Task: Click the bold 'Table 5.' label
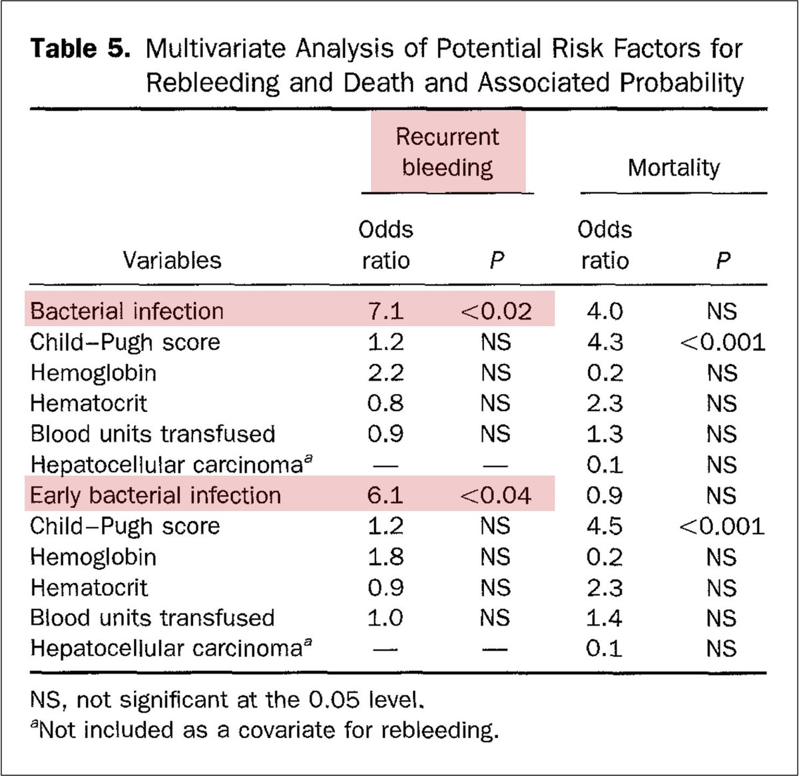tap(80, 49)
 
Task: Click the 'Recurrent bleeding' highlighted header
tap(447, 152)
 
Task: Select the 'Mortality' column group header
tap(673, 168)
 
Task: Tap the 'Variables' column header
tap(172, 260)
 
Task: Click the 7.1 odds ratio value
tap(386, 311)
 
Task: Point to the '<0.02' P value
tap(496, 311)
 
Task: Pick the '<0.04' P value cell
tap(496, 495)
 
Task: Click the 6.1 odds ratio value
tap(386, 495)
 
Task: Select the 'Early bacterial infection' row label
tap(155, 495)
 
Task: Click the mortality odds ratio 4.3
tap(605, 342)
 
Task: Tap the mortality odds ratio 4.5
tap(605, 526)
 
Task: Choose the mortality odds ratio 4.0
tap(605, 311)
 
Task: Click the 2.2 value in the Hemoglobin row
tap(386, 373)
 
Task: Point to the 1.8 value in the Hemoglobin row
tap(386, 556)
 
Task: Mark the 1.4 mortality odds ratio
tap(605, 618)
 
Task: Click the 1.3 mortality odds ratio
tap(605, 434)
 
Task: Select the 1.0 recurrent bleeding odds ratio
tap(386, 618)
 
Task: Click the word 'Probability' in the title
tap(682, 83)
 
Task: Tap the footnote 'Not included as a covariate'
tap(266, 730)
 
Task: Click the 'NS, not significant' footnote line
tap(226, 699)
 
